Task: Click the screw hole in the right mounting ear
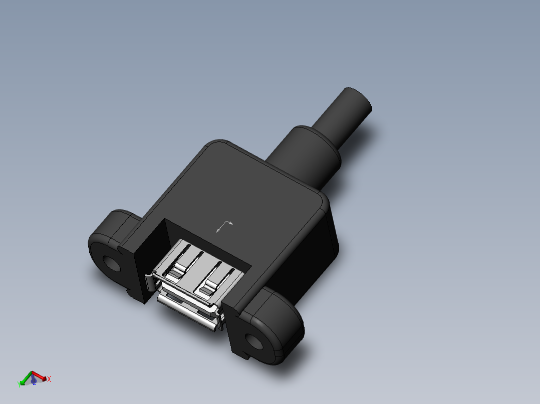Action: (x=255, y=342)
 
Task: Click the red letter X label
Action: (x=49, y=379)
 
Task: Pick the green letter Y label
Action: (x=19, y=384)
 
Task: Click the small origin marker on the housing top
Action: (x=224, y=226)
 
